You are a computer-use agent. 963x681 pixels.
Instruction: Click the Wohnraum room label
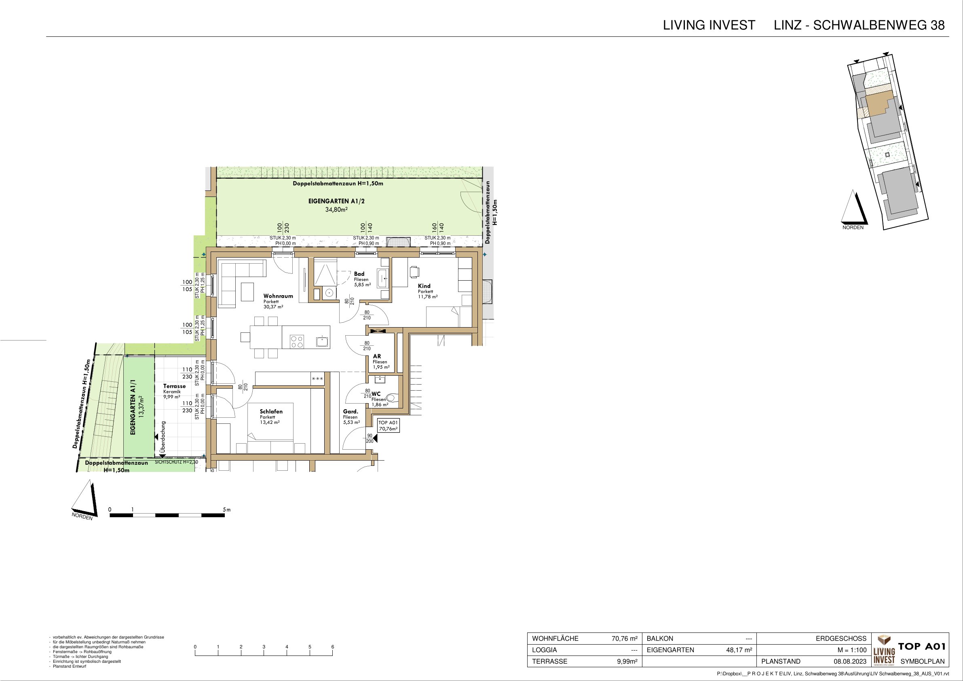click(x=278, y=296)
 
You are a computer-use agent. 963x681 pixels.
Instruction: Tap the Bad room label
click(x=359, y=274)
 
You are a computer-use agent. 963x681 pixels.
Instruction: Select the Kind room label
click(x=424, y=286)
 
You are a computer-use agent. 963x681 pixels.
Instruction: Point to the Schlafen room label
click(x=271, y=412)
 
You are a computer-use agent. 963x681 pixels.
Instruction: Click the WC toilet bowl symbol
click(x=392, y=398)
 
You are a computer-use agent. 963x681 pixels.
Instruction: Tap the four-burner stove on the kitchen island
click(x=298, y=342)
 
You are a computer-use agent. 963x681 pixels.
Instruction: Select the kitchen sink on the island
click(x=322, y=341)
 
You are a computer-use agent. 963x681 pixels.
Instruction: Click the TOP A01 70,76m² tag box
click(x=388, y=426)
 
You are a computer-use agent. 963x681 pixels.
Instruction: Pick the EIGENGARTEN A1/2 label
click(x=336, y=201)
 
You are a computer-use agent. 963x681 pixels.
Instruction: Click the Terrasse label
click(x=175, y=386)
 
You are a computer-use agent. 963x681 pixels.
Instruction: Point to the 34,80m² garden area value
click(x=337, y=209)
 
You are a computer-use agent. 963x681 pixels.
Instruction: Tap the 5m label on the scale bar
click(x=227, y=510)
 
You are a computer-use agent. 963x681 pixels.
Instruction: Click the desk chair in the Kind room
click(x=414, y=271)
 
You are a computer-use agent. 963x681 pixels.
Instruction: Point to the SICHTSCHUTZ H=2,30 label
click(x=176, y=462)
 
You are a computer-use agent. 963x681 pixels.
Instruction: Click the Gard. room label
click(x=351, y=412)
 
